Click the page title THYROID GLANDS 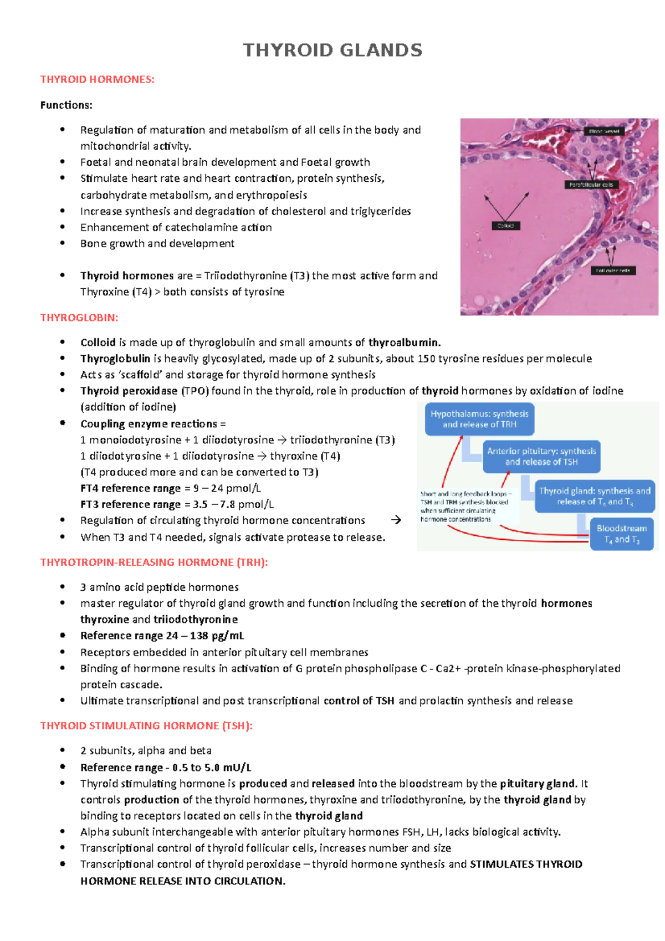coord(332,50)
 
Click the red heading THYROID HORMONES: coord(97,79)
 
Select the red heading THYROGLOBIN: coord(79,318)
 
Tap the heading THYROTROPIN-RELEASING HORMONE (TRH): coord(154,562)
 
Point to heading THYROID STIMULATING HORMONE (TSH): coord(146,725)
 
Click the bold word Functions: coord(66,105)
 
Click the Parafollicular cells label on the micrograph coord(591,185)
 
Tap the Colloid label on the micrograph coord(505,226)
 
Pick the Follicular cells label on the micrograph coord(613,270)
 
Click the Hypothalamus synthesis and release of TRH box coord(479,419)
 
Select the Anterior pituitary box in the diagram coord(541,457)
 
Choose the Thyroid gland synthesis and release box coord(595,496)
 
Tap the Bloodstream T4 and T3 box coord(622,534)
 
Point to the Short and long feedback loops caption coord(464,506)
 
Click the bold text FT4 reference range coord(130,488)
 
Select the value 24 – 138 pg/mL coord(204,636)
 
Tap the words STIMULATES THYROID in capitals coord(526,864)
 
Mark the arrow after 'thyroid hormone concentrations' coord(396,520)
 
